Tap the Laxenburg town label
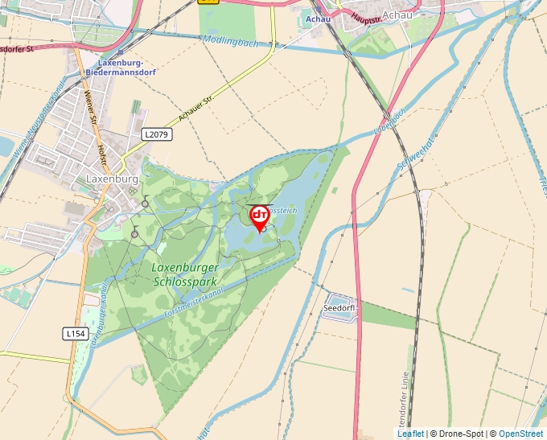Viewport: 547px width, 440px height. (x=112, y=179)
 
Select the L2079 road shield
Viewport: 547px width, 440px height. (x=156, y=134)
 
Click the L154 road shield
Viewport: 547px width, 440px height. (x=75, y=332)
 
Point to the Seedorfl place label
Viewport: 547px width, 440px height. (x=339, y=308)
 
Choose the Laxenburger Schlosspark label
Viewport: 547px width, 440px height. (x=184, y=274)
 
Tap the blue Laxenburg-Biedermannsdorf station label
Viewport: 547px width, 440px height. (x=121, y=67)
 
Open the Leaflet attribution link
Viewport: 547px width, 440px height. (x=410, y=434)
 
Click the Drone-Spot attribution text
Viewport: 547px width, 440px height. (x=456, y=434)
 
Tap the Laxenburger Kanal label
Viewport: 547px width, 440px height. (x=99, y=319)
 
